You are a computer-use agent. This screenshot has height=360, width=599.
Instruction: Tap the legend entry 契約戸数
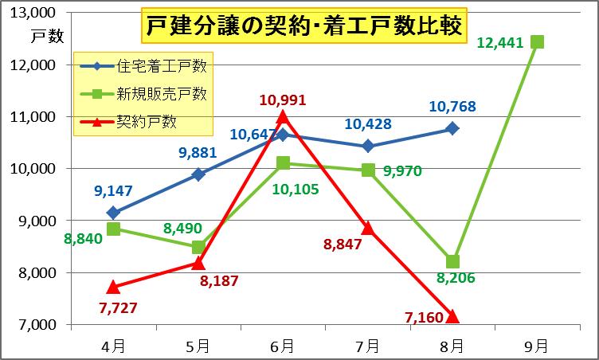coord(147,121)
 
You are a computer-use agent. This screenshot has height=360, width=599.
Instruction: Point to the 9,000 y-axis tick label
coord(38,221)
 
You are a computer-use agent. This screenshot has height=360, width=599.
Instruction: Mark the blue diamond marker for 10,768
coord(452,128)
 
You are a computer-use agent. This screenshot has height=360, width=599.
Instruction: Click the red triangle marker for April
coord(113,287)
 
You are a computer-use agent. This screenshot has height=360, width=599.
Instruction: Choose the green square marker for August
coord(452,261)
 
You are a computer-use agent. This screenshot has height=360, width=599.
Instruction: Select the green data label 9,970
coord(402,170)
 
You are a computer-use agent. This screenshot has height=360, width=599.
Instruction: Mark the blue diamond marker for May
coord(198,174)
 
